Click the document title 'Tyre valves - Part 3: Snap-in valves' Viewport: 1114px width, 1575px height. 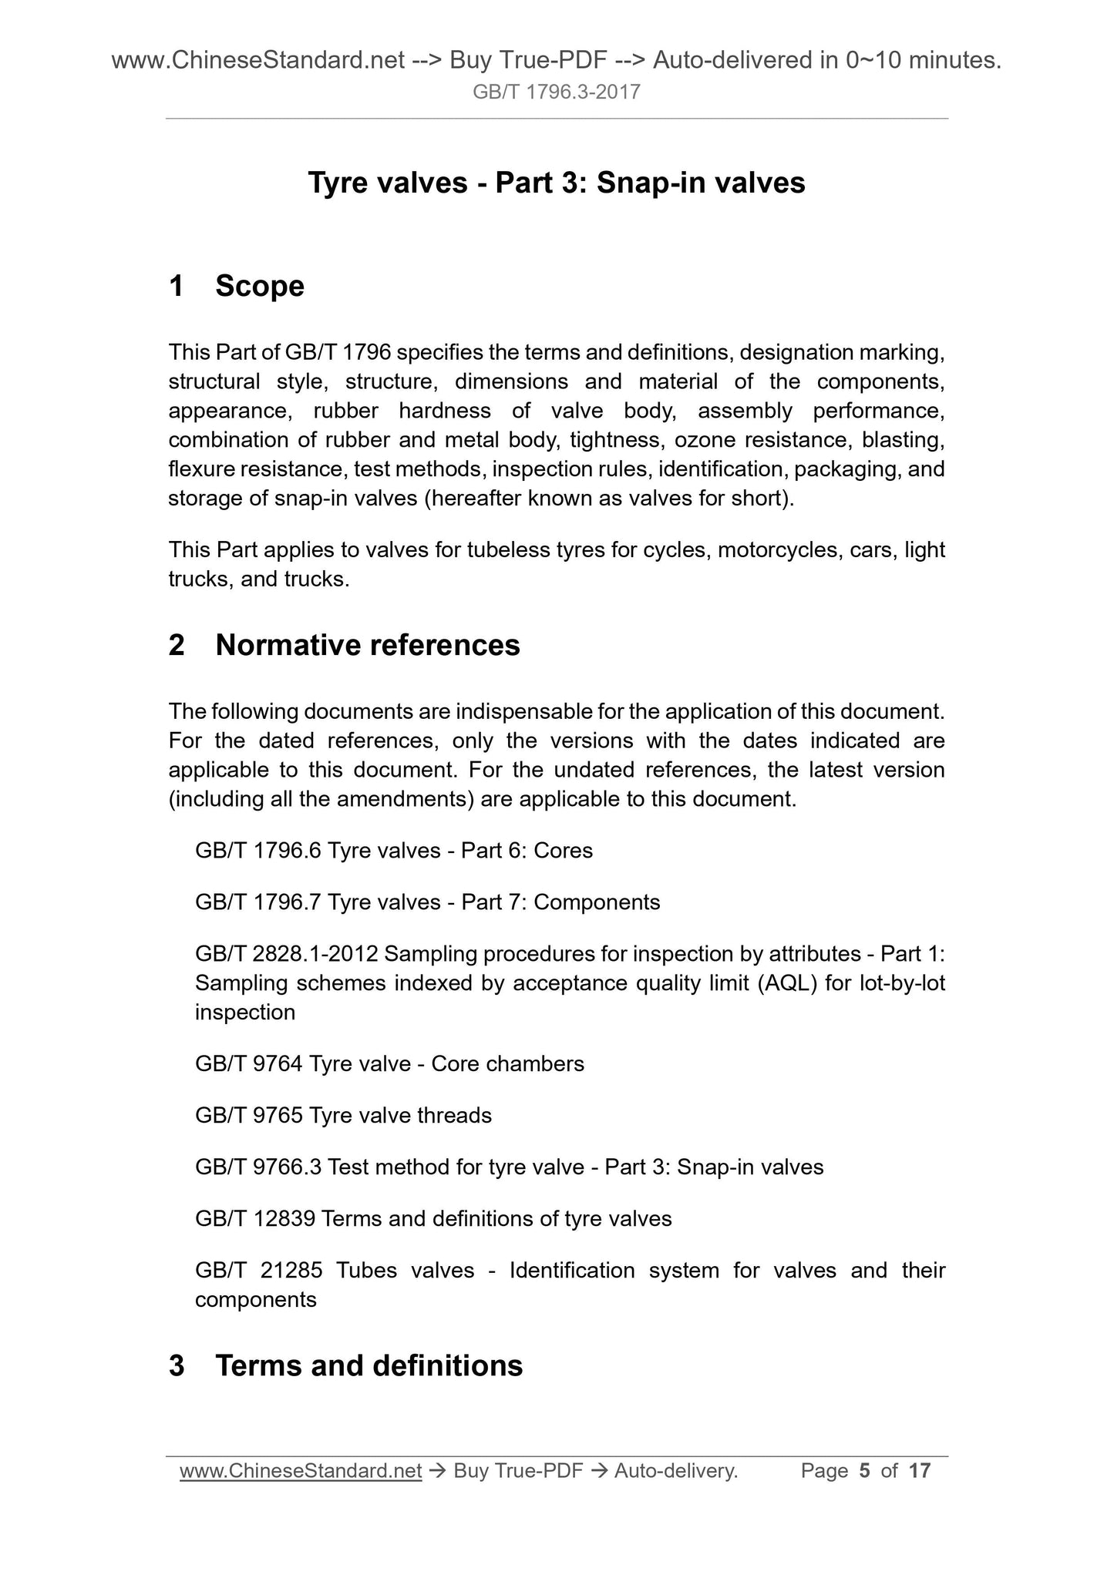[x=557, y=183]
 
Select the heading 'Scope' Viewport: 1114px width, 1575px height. [x=260, y=286]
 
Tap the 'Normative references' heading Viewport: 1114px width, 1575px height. [x=368, y=645]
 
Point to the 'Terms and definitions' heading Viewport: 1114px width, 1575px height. [x=369, y=1365]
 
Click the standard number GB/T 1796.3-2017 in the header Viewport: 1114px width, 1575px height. [x=557, y=92]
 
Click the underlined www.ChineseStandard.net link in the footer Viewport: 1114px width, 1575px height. [x=301, y=1471]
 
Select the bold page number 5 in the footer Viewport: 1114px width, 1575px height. [x=864, y=1471]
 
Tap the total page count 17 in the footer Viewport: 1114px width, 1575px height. [x=920, y=1471]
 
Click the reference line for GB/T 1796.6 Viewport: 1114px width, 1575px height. [x=394, y=851]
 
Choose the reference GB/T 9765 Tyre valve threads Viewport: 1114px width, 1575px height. [x=343, y=1115]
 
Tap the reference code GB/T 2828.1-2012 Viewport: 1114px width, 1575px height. [x=287, y=954]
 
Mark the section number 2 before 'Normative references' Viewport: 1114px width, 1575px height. [x=177, y=645]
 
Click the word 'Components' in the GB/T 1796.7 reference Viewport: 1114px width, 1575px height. [x=597, y=902]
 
